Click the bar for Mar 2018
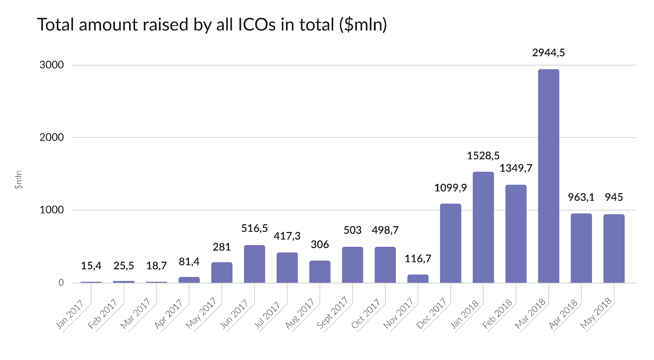[549, 176]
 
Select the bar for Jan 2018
[483, 227]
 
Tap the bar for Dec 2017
[450, 243]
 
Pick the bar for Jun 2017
[254, 264]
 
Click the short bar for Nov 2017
[418, 279]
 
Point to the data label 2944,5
[549, 53]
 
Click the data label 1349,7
[516, 168]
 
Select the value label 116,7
[418, 259]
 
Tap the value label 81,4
[189, 262]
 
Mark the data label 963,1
[581, 197]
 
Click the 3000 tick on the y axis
[52, 65]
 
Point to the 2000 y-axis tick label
[52, 137]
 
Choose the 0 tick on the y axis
[61, 283]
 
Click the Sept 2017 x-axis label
[332, 313]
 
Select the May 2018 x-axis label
[596, 313]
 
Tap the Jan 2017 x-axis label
[69, 314]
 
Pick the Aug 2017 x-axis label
[299, 313]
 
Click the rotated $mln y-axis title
[18, 180]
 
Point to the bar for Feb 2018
[516, 234]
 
